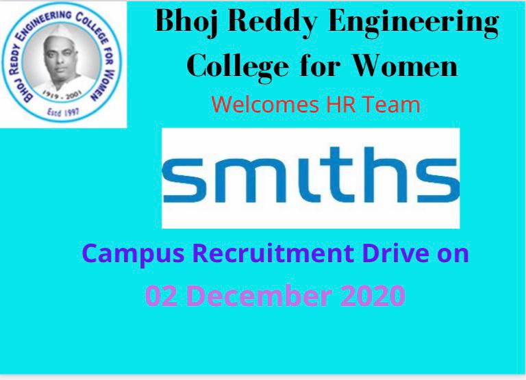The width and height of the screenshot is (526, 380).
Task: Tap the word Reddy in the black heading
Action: coord(272,22)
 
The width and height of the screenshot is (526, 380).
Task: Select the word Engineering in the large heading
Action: coord(413,23)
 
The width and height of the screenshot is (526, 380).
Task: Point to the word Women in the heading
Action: coord(405,66)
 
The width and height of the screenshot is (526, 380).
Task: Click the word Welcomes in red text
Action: coord(265,104)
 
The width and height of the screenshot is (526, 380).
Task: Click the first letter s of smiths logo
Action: coord(183,180)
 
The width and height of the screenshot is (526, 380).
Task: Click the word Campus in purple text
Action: coord(133,254)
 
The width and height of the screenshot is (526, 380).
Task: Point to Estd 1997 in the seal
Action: coord(63,112)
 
